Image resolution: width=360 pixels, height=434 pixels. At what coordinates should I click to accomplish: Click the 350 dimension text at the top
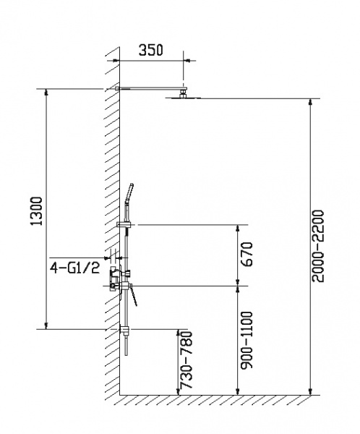150,50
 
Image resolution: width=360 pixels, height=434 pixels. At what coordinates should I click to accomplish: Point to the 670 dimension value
248,255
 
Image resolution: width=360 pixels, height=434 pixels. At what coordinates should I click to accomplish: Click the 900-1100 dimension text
248,339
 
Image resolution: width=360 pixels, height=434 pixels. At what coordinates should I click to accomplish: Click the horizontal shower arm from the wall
148,90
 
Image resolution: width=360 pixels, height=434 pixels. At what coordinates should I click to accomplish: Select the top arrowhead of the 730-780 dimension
177,331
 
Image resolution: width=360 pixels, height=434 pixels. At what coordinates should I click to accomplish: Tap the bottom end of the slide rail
126,354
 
